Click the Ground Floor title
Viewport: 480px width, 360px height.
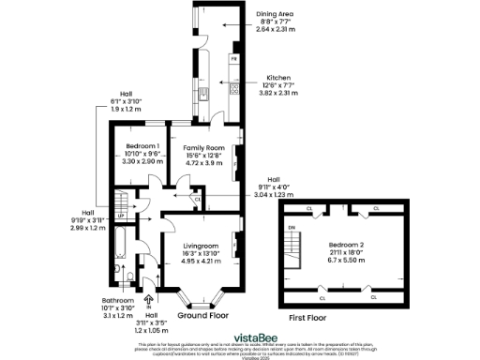point(205,316)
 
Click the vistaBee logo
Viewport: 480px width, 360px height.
point(239,334)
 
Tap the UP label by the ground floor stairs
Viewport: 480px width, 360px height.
point(120,215)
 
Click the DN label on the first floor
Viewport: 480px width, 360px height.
point(292,227)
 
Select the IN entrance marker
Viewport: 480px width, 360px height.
point(149,307)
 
